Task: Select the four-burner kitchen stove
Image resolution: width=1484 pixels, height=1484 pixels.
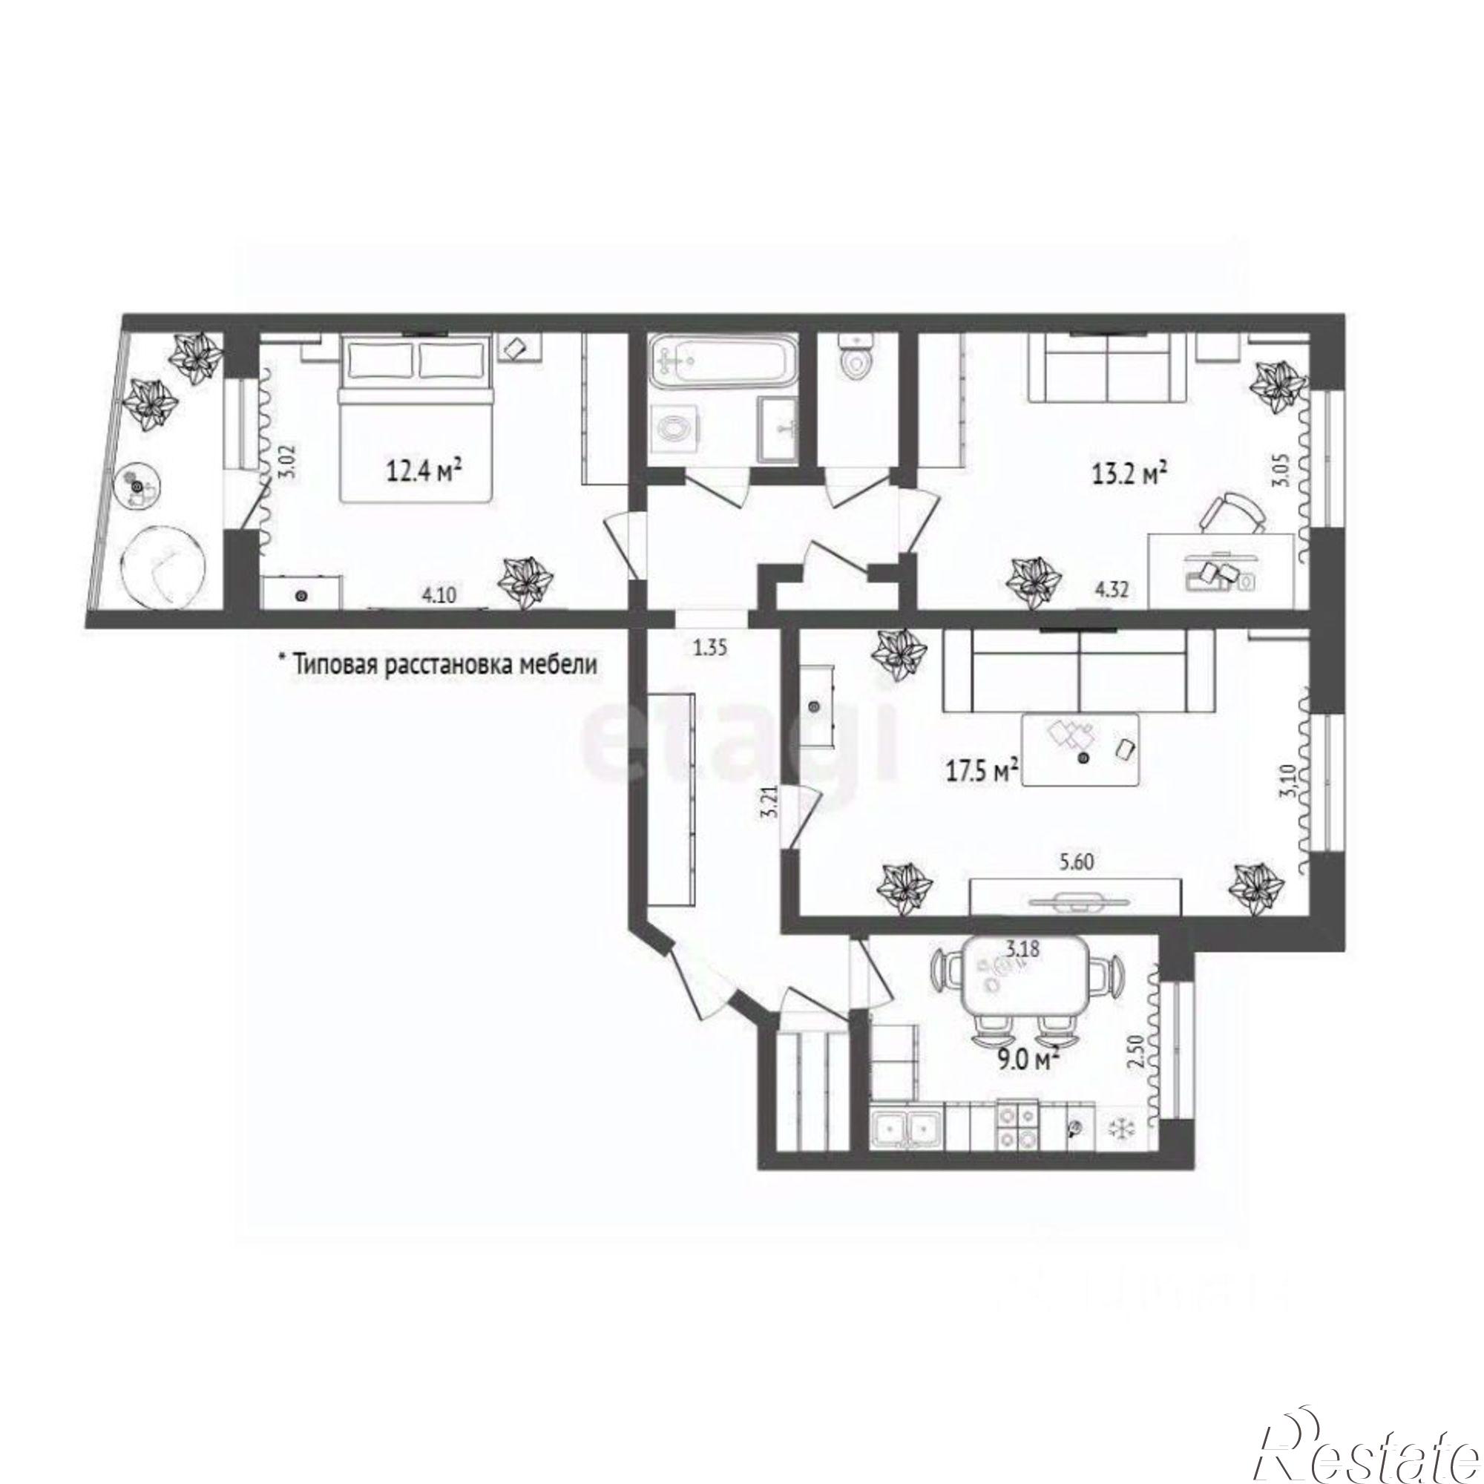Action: pyautogui.click(x=1017, y=1148)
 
